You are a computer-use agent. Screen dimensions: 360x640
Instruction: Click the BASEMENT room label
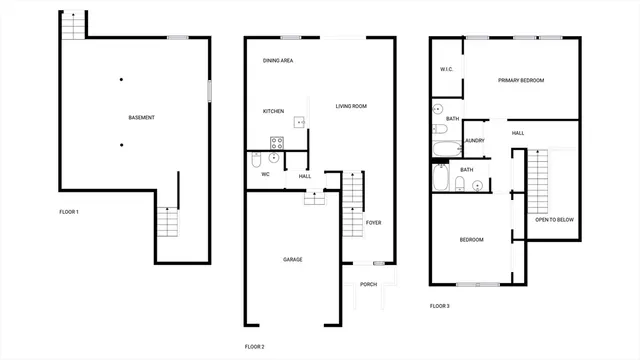141,118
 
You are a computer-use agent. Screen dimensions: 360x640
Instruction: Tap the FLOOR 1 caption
69,212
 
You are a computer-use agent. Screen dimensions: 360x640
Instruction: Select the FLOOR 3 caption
440,305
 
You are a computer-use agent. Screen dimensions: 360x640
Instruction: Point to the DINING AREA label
278,61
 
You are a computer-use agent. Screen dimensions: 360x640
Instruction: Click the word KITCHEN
274,111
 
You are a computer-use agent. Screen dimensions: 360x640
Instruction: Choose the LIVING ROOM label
351,106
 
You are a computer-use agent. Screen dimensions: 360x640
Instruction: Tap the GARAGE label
292,259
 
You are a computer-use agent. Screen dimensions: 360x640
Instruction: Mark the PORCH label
368,284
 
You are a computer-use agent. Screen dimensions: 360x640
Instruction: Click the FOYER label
374,222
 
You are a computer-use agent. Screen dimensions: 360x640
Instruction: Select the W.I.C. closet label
447,69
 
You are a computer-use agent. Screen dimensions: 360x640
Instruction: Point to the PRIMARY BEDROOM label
521,80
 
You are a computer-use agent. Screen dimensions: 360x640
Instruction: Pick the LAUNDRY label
474,140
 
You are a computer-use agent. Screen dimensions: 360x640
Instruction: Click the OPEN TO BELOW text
555,219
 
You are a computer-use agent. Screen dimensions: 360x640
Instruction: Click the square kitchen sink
298,122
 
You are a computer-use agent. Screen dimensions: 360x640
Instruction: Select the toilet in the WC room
256,160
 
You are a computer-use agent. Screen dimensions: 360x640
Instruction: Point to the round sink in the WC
273,158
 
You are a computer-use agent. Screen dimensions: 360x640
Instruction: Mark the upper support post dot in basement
121,79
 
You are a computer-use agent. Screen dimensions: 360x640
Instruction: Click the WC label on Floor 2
266,175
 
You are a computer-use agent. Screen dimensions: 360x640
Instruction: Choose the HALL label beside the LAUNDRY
518,132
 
